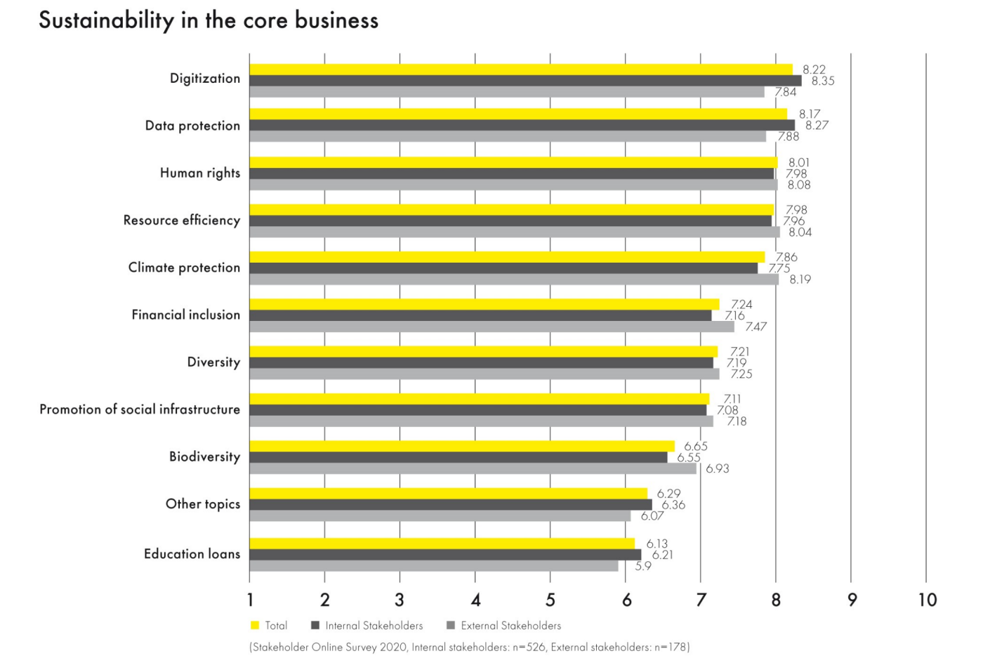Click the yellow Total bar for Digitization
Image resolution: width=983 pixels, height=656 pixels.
pos(520,70)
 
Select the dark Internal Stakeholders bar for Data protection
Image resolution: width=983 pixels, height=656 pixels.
pos(522,125)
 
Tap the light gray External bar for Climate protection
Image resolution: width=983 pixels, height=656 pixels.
pos(513,280)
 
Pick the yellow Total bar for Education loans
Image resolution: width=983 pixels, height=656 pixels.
pos(442,544)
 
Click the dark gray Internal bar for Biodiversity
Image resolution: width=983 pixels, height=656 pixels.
pos(458,457)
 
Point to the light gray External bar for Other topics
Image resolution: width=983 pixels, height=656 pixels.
pos(440,516)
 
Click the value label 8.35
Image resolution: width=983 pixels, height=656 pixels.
pos(823,81)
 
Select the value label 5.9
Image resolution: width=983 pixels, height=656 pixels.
pos(643,566)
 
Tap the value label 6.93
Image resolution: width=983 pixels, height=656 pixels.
pos(717,468)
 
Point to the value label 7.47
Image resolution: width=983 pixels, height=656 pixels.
pos(756,327)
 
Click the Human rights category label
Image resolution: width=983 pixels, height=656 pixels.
pos(199,173)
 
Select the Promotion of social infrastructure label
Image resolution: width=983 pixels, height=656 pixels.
pos(139,409)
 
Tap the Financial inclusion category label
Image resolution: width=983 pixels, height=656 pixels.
pos(185,315)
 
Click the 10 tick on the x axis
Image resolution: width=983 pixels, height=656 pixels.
pos(927,600)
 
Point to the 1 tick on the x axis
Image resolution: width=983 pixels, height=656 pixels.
pos(250,600)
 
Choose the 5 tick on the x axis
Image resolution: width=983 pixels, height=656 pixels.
pos(550,600)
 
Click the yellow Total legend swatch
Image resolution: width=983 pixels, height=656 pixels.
pos(255,625)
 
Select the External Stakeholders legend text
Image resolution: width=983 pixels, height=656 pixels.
pos(510,625)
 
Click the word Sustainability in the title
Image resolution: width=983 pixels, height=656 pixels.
pos(106,21)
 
